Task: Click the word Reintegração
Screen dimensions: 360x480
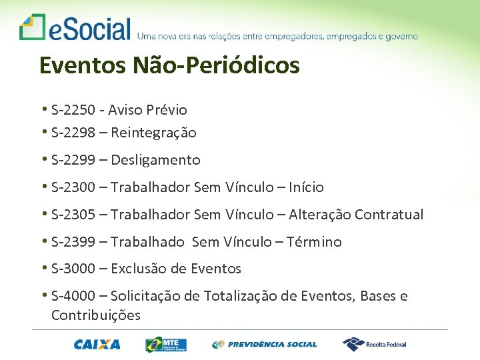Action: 153,133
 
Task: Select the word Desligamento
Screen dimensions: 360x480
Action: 155,160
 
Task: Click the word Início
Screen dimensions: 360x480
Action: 306,187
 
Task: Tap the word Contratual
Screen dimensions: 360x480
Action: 389,215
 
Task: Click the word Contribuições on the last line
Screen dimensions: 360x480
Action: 96,315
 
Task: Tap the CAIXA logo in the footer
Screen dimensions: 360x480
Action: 97,345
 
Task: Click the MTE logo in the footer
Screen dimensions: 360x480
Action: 166,345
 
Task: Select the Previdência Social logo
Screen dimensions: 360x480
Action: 265,345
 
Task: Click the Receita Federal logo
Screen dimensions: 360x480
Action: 374,344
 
